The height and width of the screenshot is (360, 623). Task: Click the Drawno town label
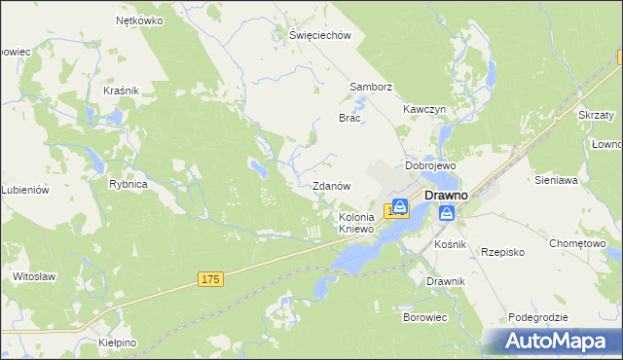446,195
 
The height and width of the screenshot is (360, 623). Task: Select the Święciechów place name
319,34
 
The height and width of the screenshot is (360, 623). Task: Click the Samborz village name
371,87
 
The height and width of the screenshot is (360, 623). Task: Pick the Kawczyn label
424,110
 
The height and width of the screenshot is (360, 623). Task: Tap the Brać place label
349,118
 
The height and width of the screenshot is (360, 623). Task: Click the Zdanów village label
331,186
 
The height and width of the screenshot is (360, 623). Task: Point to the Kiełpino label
118,343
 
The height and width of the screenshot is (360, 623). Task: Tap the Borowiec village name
424,317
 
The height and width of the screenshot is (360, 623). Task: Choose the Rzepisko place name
503,252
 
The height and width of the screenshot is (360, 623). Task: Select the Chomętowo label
577,243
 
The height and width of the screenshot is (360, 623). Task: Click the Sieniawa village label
557,180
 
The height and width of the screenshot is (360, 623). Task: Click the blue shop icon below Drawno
447,213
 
